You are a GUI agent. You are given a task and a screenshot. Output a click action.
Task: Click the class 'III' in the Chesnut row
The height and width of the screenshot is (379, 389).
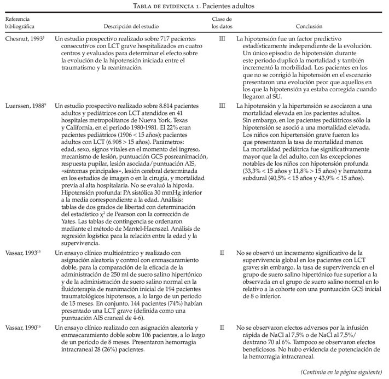(x=222, y=40)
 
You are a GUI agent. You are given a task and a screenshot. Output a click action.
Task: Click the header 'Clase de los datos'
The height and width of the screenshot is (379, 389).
(x=222, y=22)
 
